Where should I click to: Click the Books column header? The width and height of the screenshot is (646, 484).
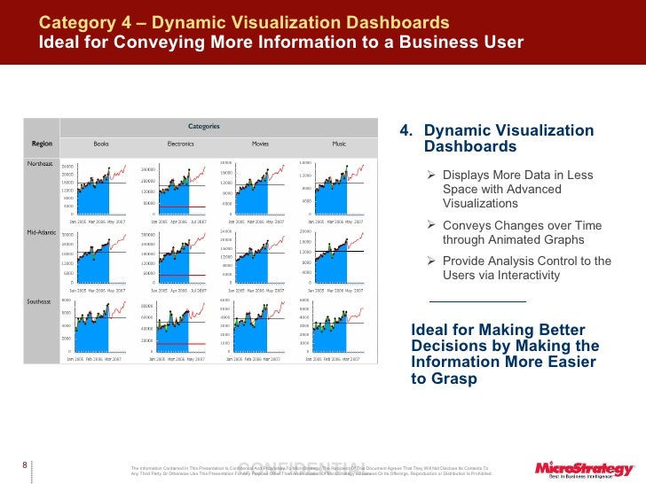coord(101,143)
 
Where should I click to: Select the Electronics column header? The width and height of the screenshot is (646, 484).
coord(180,143)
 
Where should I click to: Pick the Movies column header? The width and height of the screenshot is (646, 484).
coord(260,143)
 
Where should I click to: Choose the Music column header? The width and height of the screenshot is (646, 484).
coord(339,143)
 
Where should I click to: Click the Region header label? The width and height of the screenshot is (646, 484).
coord(42,143)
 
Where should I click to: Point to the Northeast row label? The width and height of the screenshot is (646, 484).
coord(40,164)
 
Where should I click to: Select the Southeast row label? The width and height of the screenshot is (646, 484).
coord(40,301)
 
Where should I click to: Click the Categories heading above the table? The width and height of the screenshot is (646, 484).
coord(203,126)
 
